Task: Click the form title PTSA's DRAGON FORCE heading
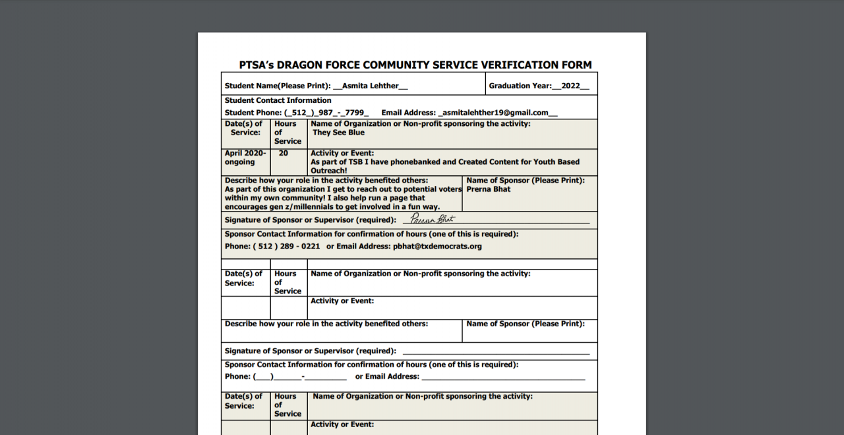pyautogui.click(x=415, y=65)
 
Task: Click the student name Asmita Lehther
pyautogui.click(x=371, y=86)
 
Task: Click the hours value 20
pyautogui.click(x=284, y=153)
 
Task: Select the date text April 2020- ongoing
pyautogui.click(x=245, y=158)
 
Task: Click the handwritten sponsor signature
pyautogui.click(x=433, y=219)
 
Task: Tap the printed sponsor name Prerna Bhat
pyautogui.click(x=488, y=189)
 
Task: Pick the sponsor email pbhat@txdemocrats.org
pyautogui.click(x=437, y=246)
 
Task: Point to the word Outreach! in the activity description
pyautogui.click(x=329, y=171)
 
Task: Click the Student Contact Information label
pyautogui.click(x=278, y=100)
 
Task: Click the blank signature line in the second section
pyautogui.click(x=495, y=353)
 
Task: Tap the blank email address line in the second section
pyautogui.click(x=502, y=378)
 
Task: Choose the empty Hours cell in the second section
pyautogui.click(x=289, y=308)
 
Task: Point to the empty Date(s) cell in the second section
pyautogui.click(x=245, y=308)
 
